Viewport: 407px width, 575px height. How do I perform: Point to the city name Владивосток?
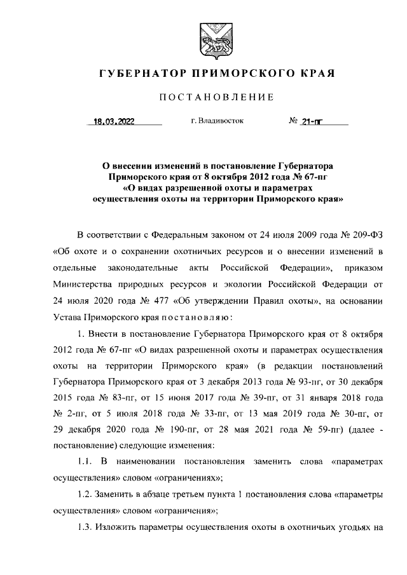222,120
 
